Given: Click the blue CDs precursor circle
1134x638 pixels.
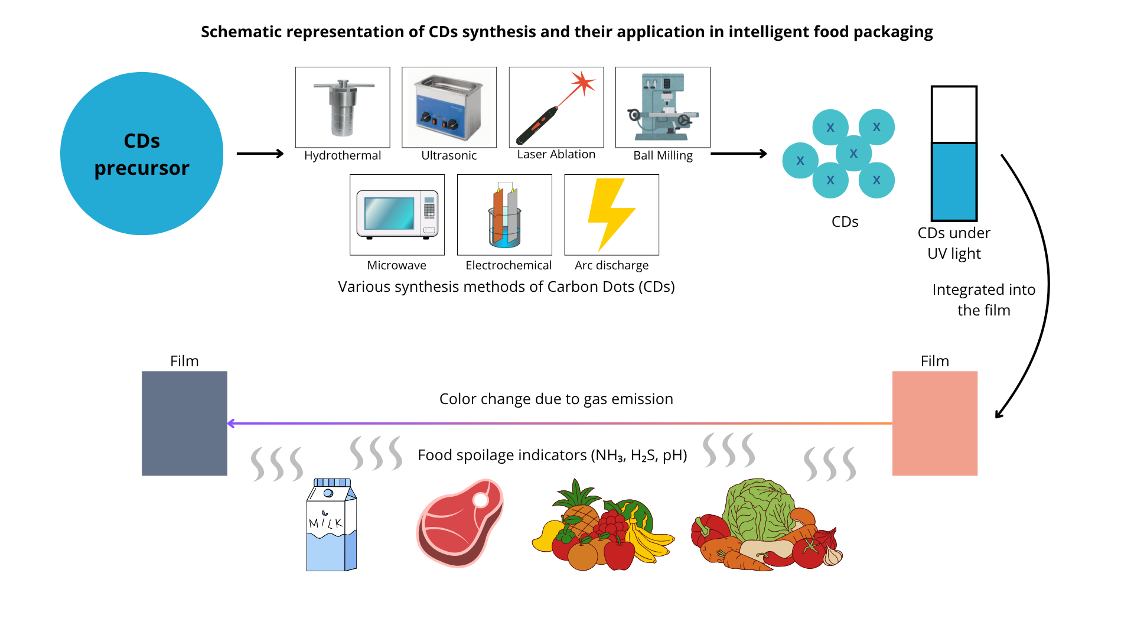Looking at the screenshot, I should pos(142,154).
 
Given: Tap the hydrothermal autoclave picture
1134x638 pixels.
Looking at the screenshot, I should pos(343,108).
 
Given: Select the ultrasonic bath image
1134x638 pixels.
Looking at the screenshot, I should pos(449,108).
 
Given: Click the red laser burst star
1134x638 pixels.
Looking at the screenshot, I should pos(583,83).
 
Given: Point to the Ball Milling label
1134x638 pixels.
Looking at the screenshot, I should pos(663,155).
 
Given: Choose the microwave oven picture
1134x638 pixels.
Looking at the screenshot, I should pos(397,214).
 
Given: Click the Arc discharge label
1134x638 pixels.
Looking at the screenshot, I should pos(611,265).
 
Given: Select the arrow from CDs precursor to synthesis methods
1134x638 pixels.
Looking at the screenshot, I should pos(260,154).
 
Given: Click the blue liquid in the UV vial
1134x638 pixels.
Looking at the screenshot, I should pos(954,182).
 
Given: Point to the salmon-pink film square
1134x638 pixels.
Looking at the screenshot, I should pos(934,423).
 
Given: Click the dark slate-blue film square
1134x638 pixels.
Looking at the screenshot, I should pos(184,423).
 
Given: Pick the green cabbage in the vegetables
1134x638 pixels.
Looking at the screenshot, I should pos(759,508).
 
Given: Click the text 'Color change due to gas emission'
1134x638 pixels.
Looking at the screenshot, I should pos(556,399).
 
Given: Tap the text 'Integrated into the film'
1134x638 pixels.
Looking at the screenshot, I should pos(983,300).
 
